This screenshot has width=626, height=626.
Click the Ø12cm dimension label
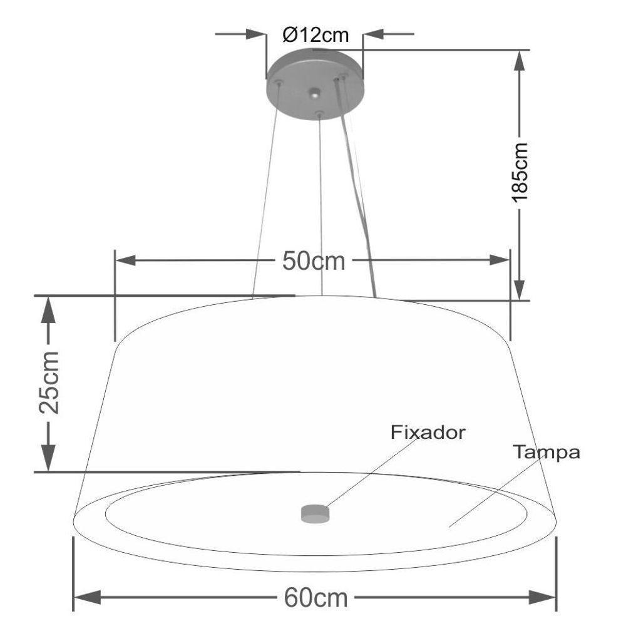click(x=316, y=35)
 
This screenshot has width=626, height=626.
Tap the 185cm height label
click(x=520, y=173)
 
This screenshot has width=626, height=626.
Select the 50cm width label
click(x=314, y=262)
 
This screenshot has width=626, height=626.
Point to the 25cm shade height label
click(x=49, y=382)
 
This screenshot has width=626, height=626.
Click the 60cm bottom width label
click(x=316, y=598)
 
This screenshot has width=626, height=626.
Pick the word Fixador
click(x=428, y=433)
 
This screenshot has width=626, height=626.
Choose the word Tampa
click(x=546, y=453)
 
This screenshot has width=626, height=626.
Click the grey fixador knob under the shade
click(x=315, y=513)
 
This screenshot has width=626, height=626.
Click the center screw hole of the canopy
click(x=315, y=93)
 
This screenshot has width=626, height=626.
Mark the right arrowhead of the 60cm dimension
click(x=542, y=598)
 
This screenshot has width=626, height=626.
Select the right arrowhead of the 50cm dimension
click(x=500, y=260)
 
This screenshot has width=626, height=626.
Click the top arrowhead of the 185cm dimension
click(x=519, y=61)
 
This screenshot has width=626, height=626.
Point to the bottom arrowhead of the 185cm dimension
click(x=519, y=289)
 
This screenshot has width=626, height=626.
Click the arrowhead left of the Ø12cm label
click(x=256, y=34)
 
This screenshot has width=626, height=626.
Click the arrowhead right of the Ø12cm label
click(x=374, y=34)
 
